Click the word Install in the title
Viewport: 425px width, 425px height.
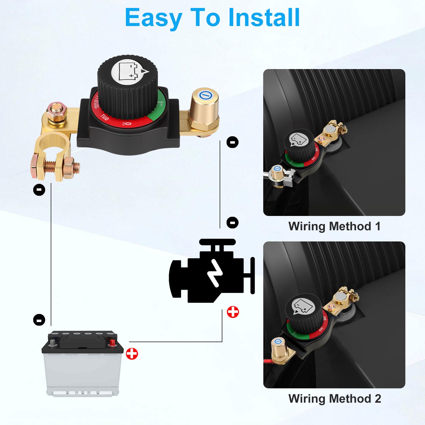264,18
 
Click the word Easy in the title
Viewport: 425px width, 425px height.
153,18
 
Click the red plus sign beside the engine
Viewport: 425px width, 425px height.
233,312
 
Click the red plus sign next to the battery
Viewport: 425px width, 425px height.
132,354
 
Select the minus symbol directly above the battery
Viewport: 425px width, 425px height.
39,320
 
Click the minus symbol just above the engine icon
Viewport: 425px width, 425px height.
232,222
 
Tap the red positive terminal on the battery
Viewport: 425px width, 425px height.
112,342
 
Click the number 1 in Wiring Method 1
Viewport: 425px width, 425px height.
378,227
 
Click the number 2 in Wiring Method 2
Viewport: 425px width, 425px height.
378,399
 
